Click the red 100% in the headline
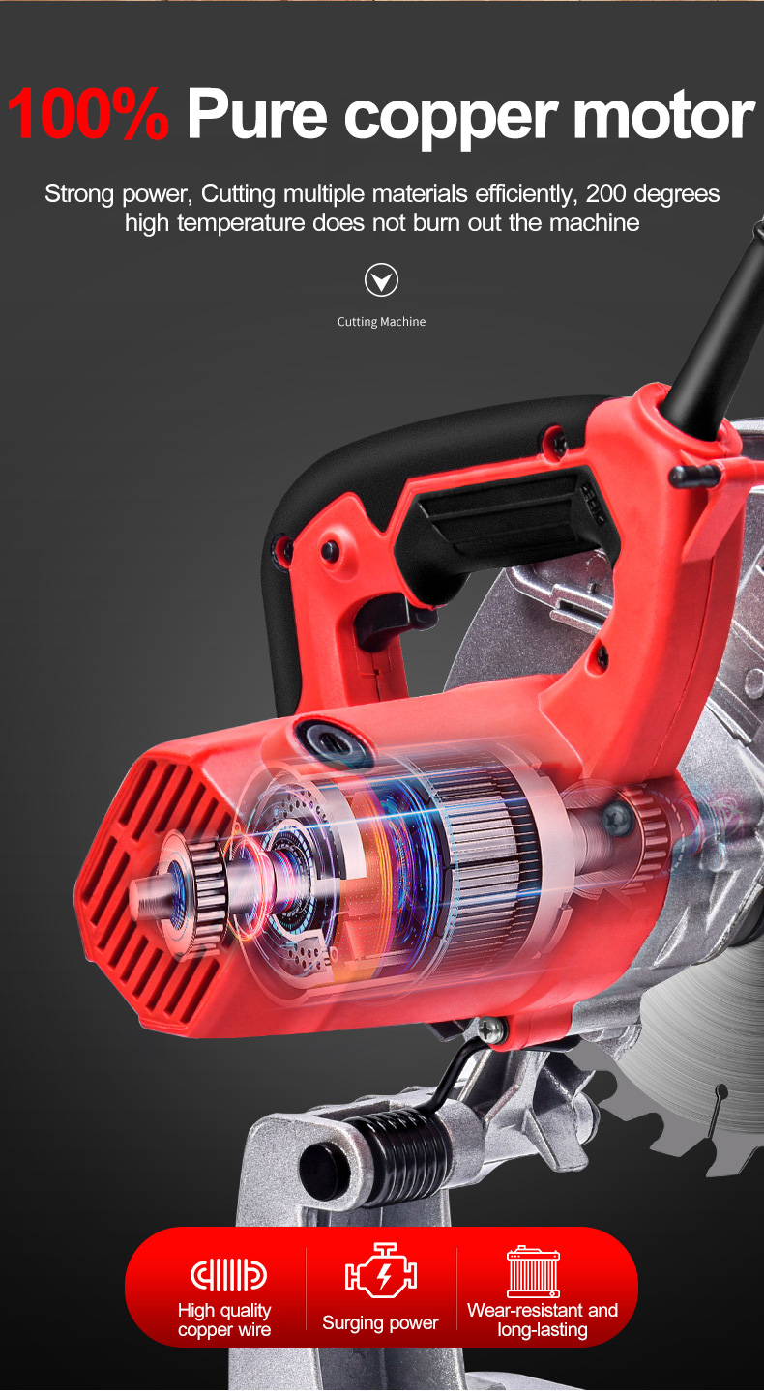[88, 114]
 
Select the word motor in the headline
[664, 114]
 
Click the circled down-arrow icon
[381, 280]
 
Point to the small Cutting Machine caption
[381, 322]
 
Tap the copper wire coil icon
[228, 1275]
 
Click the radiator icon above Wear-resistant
[534, 1272]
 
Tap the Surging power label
[380, 1322]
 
